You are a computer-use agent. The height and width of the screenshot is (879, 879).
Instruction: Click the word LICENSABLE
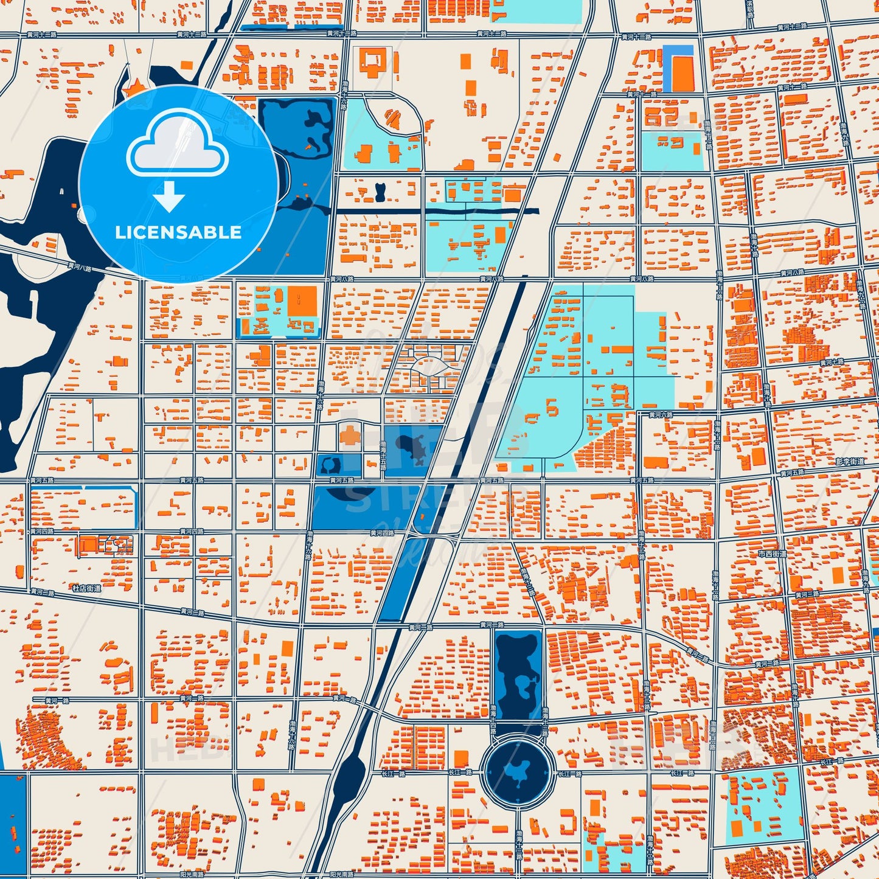tap(178, 232)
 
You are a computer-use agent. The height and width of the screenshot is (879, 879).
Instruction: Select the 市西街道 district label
tap(772, 554)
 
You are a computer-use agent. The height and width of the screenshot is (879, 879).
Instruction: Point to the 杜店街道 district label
tap(86, 588)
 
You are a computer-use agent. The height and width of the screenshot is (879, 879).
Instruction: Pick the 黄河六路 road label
tap(660, 415)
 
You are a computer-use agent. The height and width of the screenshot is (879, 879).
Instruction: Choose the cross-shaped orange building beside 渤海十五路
tap(350, 436)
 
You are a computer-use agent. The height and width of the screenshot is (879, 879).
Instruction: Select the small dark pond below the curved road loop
tap(381, 193)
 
